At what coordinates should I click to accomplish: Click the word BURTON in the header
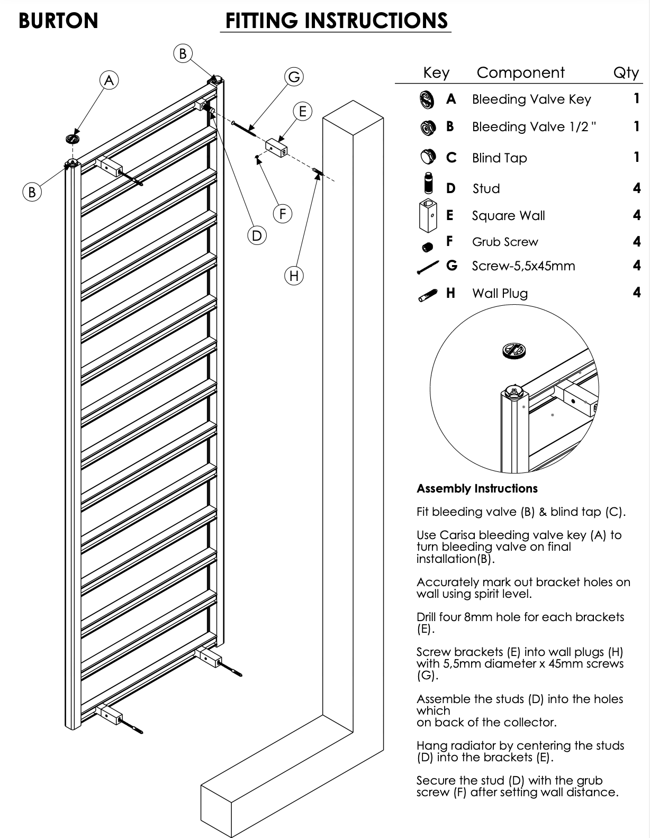(x=58, y=21)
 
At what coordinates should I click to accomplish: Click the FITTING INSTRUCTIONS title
(x=336, y=21)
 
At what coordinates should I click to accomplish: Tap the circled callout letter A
(x=109, y=80)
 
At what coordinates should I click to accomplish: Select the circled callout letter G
(x=294, y=77)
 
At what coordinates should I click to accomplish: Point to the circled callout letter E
(x=303, y=112)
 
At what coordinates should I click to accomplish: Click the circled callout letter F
(x=283, y=214)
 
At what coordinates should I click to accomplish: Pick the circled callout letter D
(x=257, y=235)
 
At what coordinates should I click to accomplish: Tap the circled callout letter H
(x=294, y=276)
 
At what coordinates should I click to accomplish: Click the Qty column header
(x=626, y=72)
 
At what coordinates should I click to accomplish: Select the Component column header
(x=520, y=72)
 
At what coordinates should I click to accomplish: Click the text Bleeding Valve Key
(x=531, y=99)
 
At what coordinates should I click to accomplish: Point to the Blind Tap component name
(x=499, y=158)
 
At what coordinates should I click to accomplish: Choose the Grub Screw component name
(x=504, y=242)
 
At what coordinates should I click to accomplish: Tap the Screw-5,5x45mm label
(x=523, y=266)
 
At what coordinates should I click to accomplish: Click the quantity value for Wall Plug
(x=637, y=293)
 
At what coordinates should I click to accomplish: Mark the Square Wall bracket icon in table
(x=428, y=216)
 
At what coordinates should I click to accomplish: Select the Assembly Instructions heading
(x=476, y=489)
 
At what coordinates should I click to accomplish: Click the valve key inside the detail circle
(x=513, y=350)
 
